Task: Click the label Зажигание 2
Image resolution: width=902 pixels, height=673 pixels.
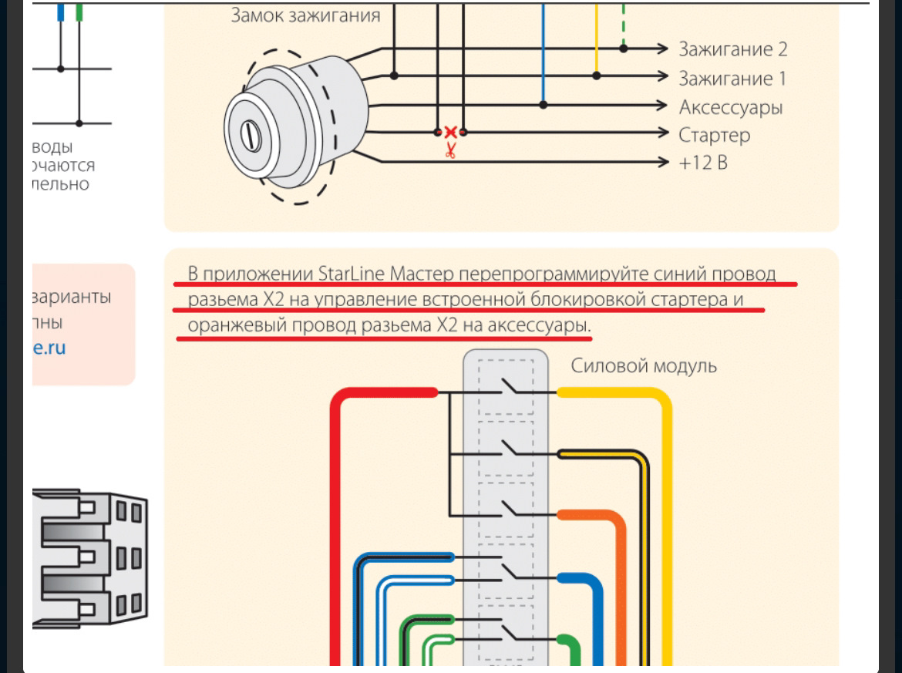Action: tap(732, 49)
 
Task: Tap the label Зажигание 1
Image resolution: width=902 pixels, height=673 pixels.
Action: tap(725, 78)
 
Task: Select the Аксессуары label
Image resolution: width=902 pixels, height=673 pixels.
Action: tap(730, 106)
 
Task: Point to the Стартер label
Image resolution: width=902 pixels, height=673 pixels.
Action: tap(714, 135)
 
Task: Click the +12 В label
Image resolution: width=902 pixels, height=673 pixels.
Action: tap(702, 163)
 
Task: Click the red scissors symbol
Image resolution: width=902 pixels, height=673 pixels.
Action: tap(450, 150)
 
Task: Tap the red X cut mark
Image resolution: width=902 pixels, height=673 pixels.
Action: tap(450, 133)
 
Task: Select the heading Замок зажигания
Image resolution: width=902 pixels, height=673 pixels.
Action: tap(305, 15)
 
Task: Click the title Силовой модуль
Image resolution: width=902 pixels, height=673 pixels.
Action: tap(643, 365)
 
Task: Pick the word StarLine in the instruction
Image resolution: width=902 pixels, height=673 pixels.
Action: tap(351, 274)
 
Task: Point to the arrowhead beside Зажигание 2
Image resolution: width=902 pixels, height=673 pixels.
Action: tap(661, 49)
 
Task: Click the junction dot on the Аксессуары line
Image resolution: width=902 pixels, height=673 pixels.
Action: tap(544, 105)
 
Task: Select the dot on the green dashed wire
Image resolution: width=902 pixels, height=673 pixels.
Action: tap(624, 49)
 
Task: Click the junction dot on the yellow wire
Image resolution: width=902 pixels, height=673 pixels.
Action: tap(597, 76)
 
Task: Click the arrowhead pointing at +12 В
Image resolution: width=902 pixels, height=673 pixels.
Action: tap(661, 162)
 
